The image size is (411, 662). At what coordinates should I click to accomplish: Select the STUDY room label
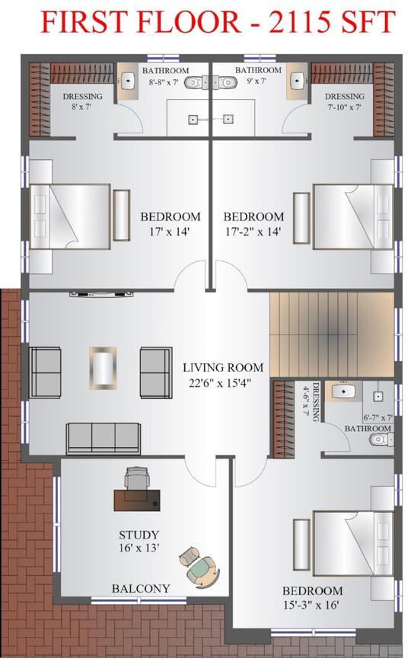click(139, 535)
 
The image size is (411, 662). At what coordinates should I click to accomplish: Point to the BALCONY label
click(141, 588)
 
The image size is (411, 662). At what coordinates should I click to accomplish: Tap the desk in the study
click(138, 500)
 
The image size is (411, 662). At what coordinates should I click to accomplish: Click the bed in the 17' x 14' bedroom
click(72, 216)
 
